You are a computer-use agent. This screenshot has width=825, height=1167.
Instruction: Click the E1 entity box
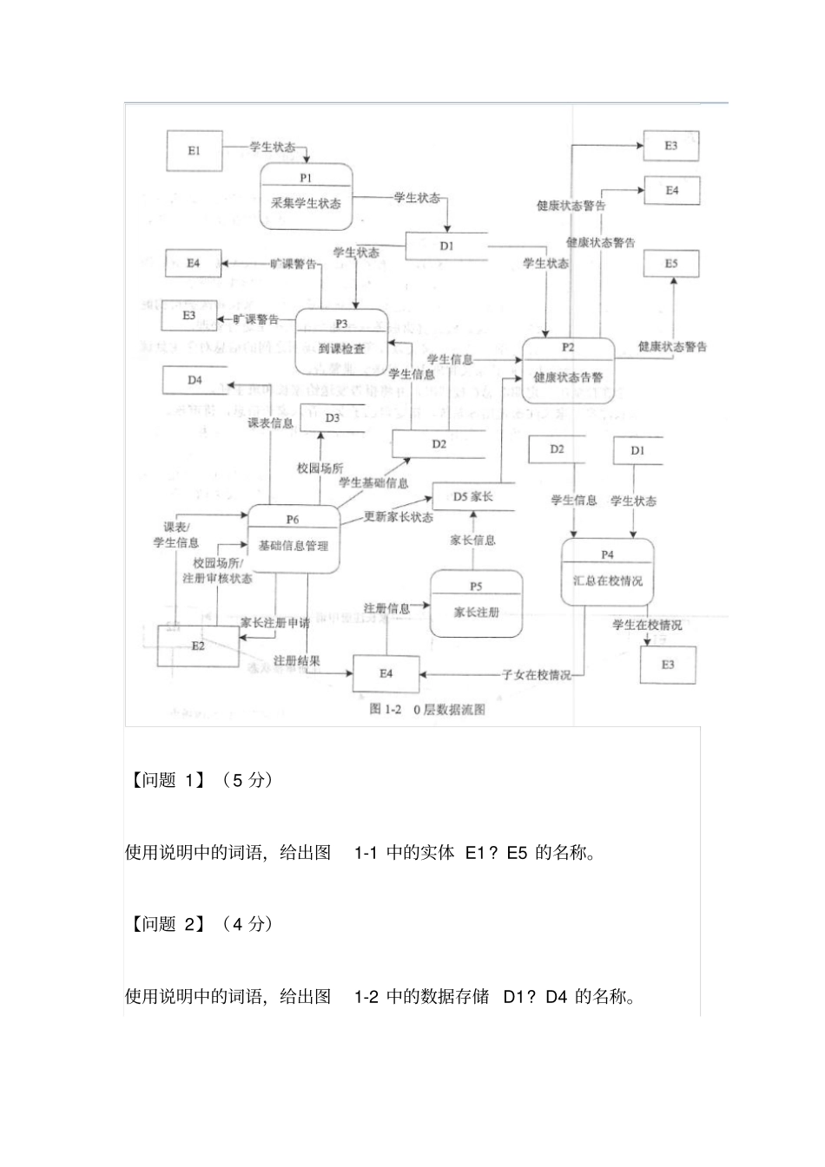(194, 151)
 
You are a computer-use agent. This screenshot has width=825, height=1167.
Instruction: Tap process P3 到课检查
(341, 341)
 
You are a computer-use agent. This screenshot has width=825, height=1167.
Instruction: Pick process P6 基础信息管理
(293, 538)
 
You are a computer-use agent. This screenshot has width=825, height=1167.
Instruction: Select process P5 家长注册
(476, 604)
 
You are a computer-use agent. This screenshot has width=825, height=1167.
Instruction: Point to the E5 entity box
(671, 264)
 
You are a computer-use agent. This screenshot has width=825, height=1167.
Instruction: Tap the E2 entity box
(198, 646)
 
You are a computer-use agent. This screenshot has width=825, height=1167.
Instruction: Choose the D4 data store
(195, 380)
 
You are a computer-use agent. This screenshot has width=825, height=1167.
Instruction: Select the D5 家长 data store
(473, 497)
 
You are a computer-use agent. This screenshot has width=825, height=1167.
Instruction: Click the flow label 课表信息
(270, 423)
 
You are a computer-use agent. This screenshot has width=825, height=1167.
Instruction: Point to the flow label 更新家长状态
(398, 517)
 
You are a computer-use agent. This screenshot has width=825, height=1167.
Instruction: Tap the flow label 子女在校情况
(536, 674)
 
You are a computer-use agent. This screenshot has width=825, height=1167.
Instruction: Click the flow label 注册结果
(297, 660)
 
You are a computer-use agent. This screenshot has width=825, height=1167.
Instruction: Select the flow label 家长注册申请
(275, 622)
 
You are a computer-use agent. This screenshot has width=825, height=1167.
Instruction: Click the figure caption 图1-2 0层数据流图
(427, 709)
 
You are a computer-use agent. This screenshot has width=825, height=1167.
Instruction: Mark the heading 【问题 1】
(167, 779)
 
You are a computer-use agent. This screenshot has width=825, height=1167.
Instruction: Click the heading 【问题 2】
(167, 923)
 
